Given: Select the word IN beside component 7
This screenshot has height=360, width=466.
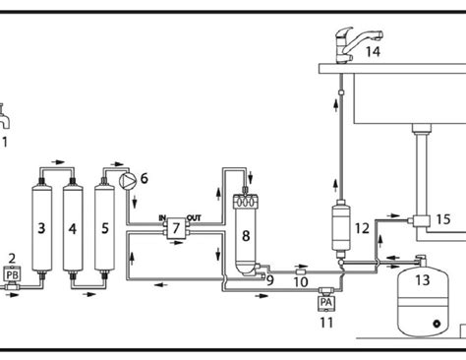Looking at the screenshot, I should click(161, 217).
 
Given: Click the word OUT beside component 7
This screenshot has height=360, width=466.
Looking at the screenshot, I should click(195, 217).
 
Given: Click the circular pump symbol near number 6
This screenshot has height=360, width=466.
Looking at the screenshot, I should click(127, 181).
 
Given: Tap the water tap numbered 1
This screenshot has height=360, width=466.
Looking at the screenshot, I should click(5, 118).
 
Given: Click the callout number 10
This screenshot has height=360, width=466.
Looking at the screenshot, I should click(302, 283).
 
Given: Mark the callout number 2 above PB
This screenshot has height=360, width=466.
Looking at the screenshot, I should click(13, 259).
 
